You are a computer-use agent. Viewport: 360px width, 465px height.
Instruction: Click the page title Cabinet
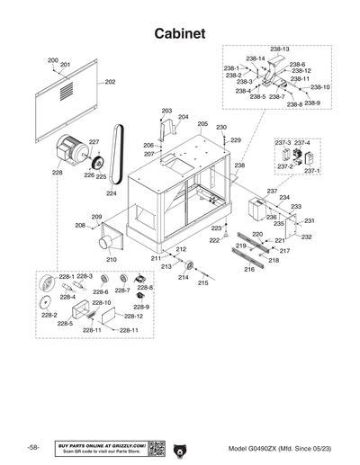(x=179, y=32)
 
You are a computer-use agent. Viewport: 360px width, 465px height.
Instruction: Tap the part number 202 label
(x=110, y=82)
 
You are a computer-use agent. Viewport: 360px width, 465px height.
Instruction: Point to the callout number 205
(x=202, y=124)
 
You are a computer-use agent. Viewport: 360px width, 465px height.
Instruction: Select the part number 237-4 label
(x=302, y=142)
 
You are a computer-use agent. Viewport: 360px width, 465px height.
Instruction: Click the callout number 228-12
(x=133, y=317)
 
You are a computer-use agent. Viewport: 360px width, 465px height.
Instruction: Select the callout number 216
(x=249, y=269)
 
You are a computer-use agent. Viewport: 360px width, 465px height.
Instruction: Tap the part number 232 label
(x=306, y=237)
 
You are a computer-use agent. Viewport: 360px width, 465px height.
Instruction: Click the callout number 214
(x=183, y=278)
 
